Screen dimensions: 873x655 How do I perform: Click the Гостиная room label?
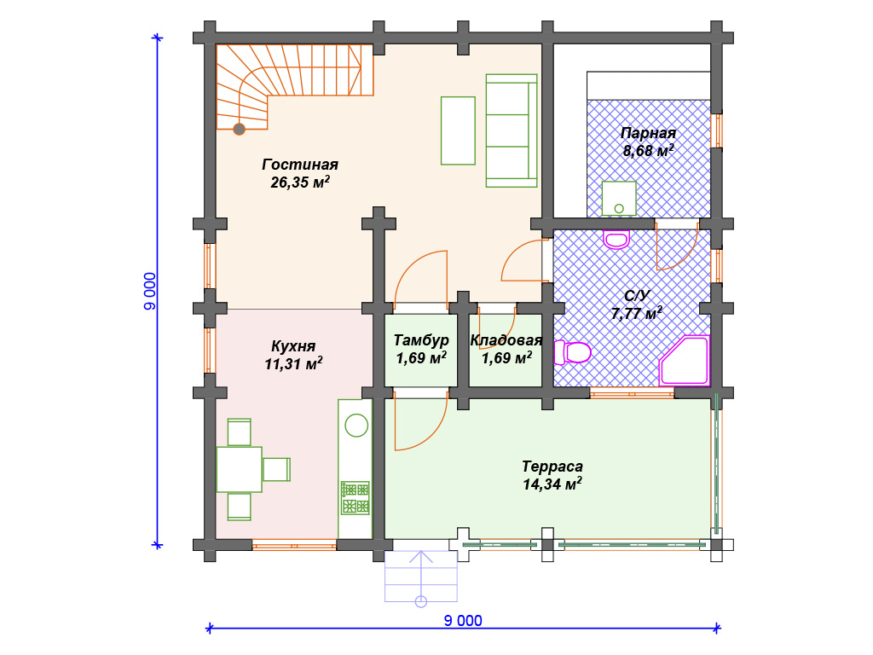point(300,165)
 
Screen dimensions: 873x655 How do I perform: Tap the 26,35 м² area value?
point(300,183)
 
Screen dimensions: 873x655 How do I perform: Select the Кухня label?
point(293,346)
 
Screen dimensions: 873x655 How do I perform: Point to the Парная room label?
point(648,133)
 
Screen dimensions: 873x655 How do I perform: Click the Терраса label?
point(552,467)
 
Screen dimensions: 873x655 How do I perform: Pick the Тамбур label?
point(421,340)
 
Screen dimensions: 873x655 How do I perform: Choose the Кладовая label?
point(506,340)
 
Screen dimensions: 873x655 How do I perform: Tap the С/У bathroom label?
point(637,296)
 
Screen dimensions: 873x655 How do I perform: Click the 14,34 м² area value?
point(552,484)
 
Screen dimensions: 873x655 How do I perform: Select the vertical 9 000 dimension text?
point(150,292)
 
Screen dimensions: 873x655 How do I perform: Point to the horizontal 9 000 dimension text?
point(463,621)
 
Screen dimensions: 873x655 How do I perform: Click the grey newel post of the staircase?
point(240,130)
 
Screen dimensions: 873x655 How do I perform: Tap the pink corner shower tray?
point(685,361)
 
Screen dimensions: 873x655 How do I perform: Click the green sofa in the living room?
point(512,130)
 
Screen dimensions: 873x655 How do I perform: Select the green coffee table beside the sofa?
point(458,130)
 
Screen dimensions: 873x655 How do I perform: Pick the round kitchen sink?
point(356,426)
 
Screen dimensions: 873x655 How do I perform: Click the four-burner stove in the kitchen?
point(356,498)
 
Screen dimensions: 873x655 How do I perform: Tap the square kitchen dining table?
point(240,470)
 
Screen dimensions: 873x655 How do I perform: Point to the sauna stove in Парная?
point(619,199)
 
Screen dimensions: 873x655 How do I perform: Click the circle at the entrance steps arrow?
point(421,601)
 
